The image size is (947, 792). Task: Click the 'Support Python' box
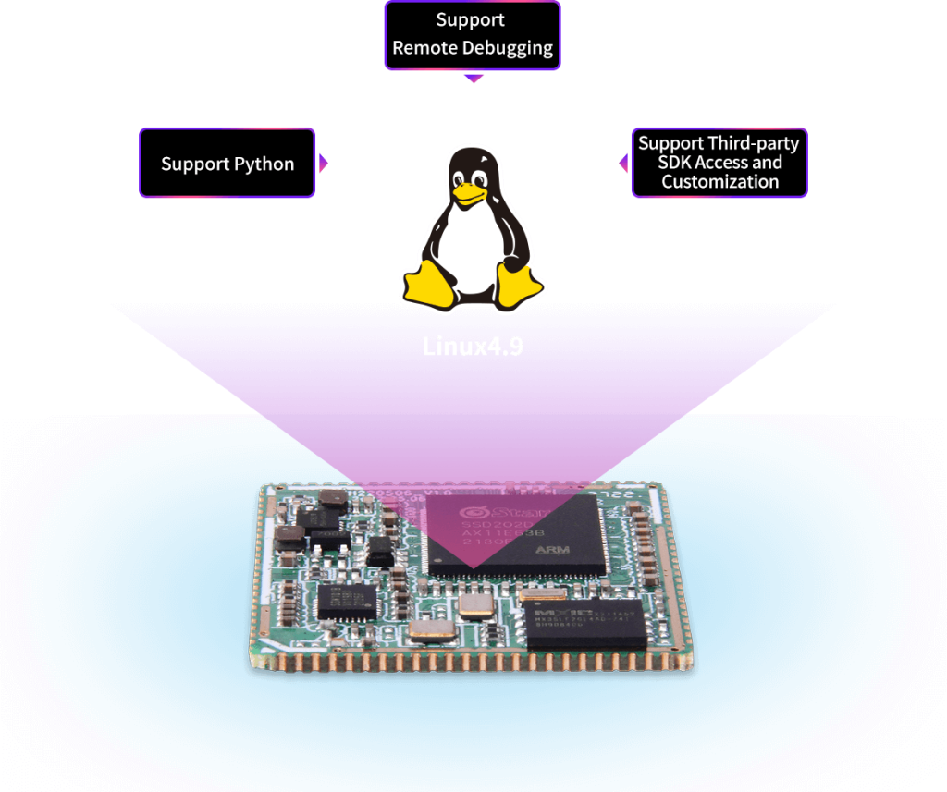coord(228,164)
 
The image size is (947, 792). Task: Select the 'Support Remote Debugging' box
coord(472,35)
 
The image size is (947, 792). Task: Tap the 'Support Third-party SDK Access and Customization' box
coord(719,163)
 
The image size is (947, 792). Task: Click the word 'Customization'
coord(719,182)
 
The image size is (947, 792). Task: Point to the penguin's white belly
coord(472,245)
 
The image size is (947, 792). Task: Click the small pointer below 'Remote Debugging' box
coord(473,78)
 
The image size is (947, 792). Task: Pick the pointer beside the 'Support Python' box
coord(324,164)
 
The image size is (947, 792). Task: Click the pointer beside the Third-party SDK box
coord(624,163)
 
